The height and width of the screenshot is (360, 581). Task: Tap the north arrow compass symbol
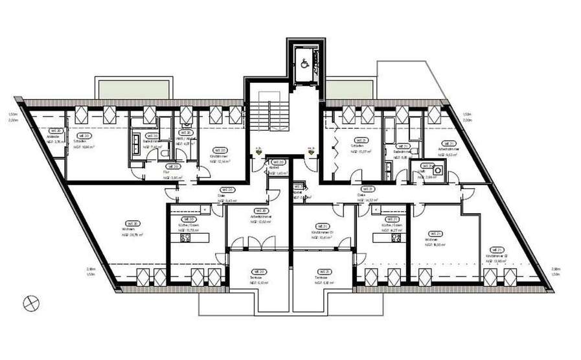tap(29, 301)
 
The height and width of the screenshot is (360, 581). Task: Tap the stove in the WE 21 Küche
tap(394, 238)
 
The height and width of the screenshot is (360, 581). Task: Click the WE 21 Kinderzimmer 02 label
tap(496, 256)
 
